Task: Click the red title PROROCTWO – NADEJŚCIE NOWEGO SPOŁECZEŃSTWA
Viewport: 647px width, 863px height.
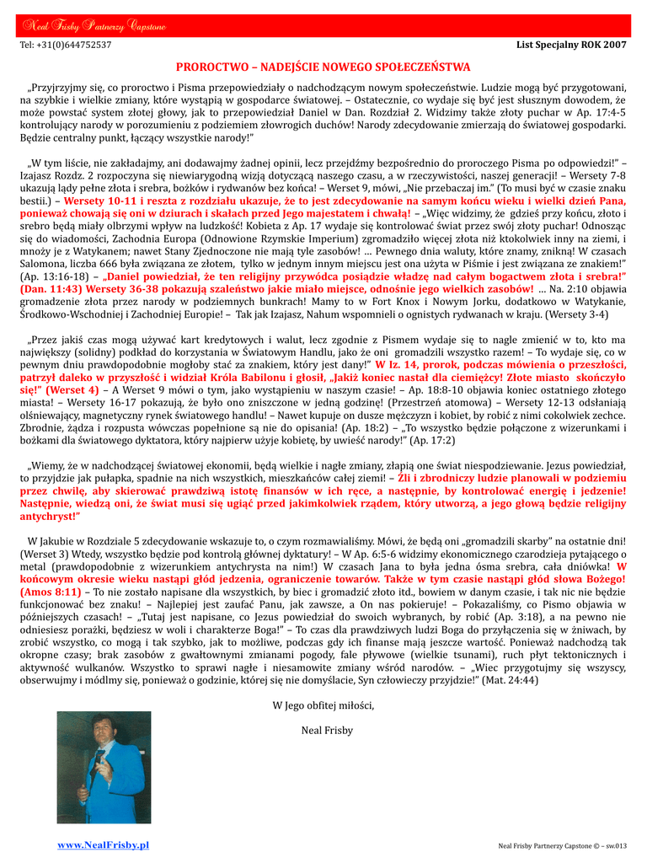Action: point(323,67)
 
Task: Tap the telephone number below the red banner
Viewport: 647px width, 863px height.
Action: point(66,45)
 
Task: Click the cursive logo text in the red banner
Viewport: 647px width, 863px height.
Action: point(94,27)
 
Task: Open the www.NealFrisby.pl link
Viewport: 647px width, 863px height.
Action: point(103,844)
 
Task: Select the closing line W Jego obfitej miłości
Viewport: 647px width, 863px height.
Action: point(323,705)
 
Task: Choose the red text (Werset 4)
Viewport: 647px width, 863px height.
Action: point(72,389)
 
